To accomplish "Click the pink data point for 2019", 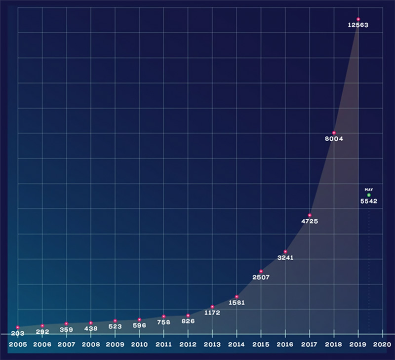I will (358, 19).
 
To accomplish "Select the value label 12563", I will (358, 25).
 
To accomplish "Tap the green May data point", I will (368, 195).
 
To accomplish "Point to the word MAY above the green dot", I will (368, 189).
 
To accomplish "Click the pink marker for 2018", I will (334, 133).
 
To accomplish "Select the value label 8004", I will (334, 139).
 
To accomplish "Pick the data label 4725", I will (310, 221).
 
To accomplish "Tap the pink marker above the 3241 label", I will (285, 252).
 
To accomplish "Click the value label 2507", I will (261, 278).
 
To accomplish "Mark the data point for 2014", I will (237, 297).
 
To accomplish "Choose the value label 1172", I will (212, 313).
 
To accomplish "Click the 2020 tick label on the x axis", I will (382, 344).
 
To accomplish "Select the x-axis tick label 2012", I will (188, 344).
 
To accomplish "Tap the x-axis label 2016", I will (285, 344).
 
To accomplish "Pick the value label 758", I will (163, 322).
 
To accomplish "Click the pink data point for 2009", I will (115, 321).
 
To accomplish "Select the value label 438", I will (91, 328).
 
